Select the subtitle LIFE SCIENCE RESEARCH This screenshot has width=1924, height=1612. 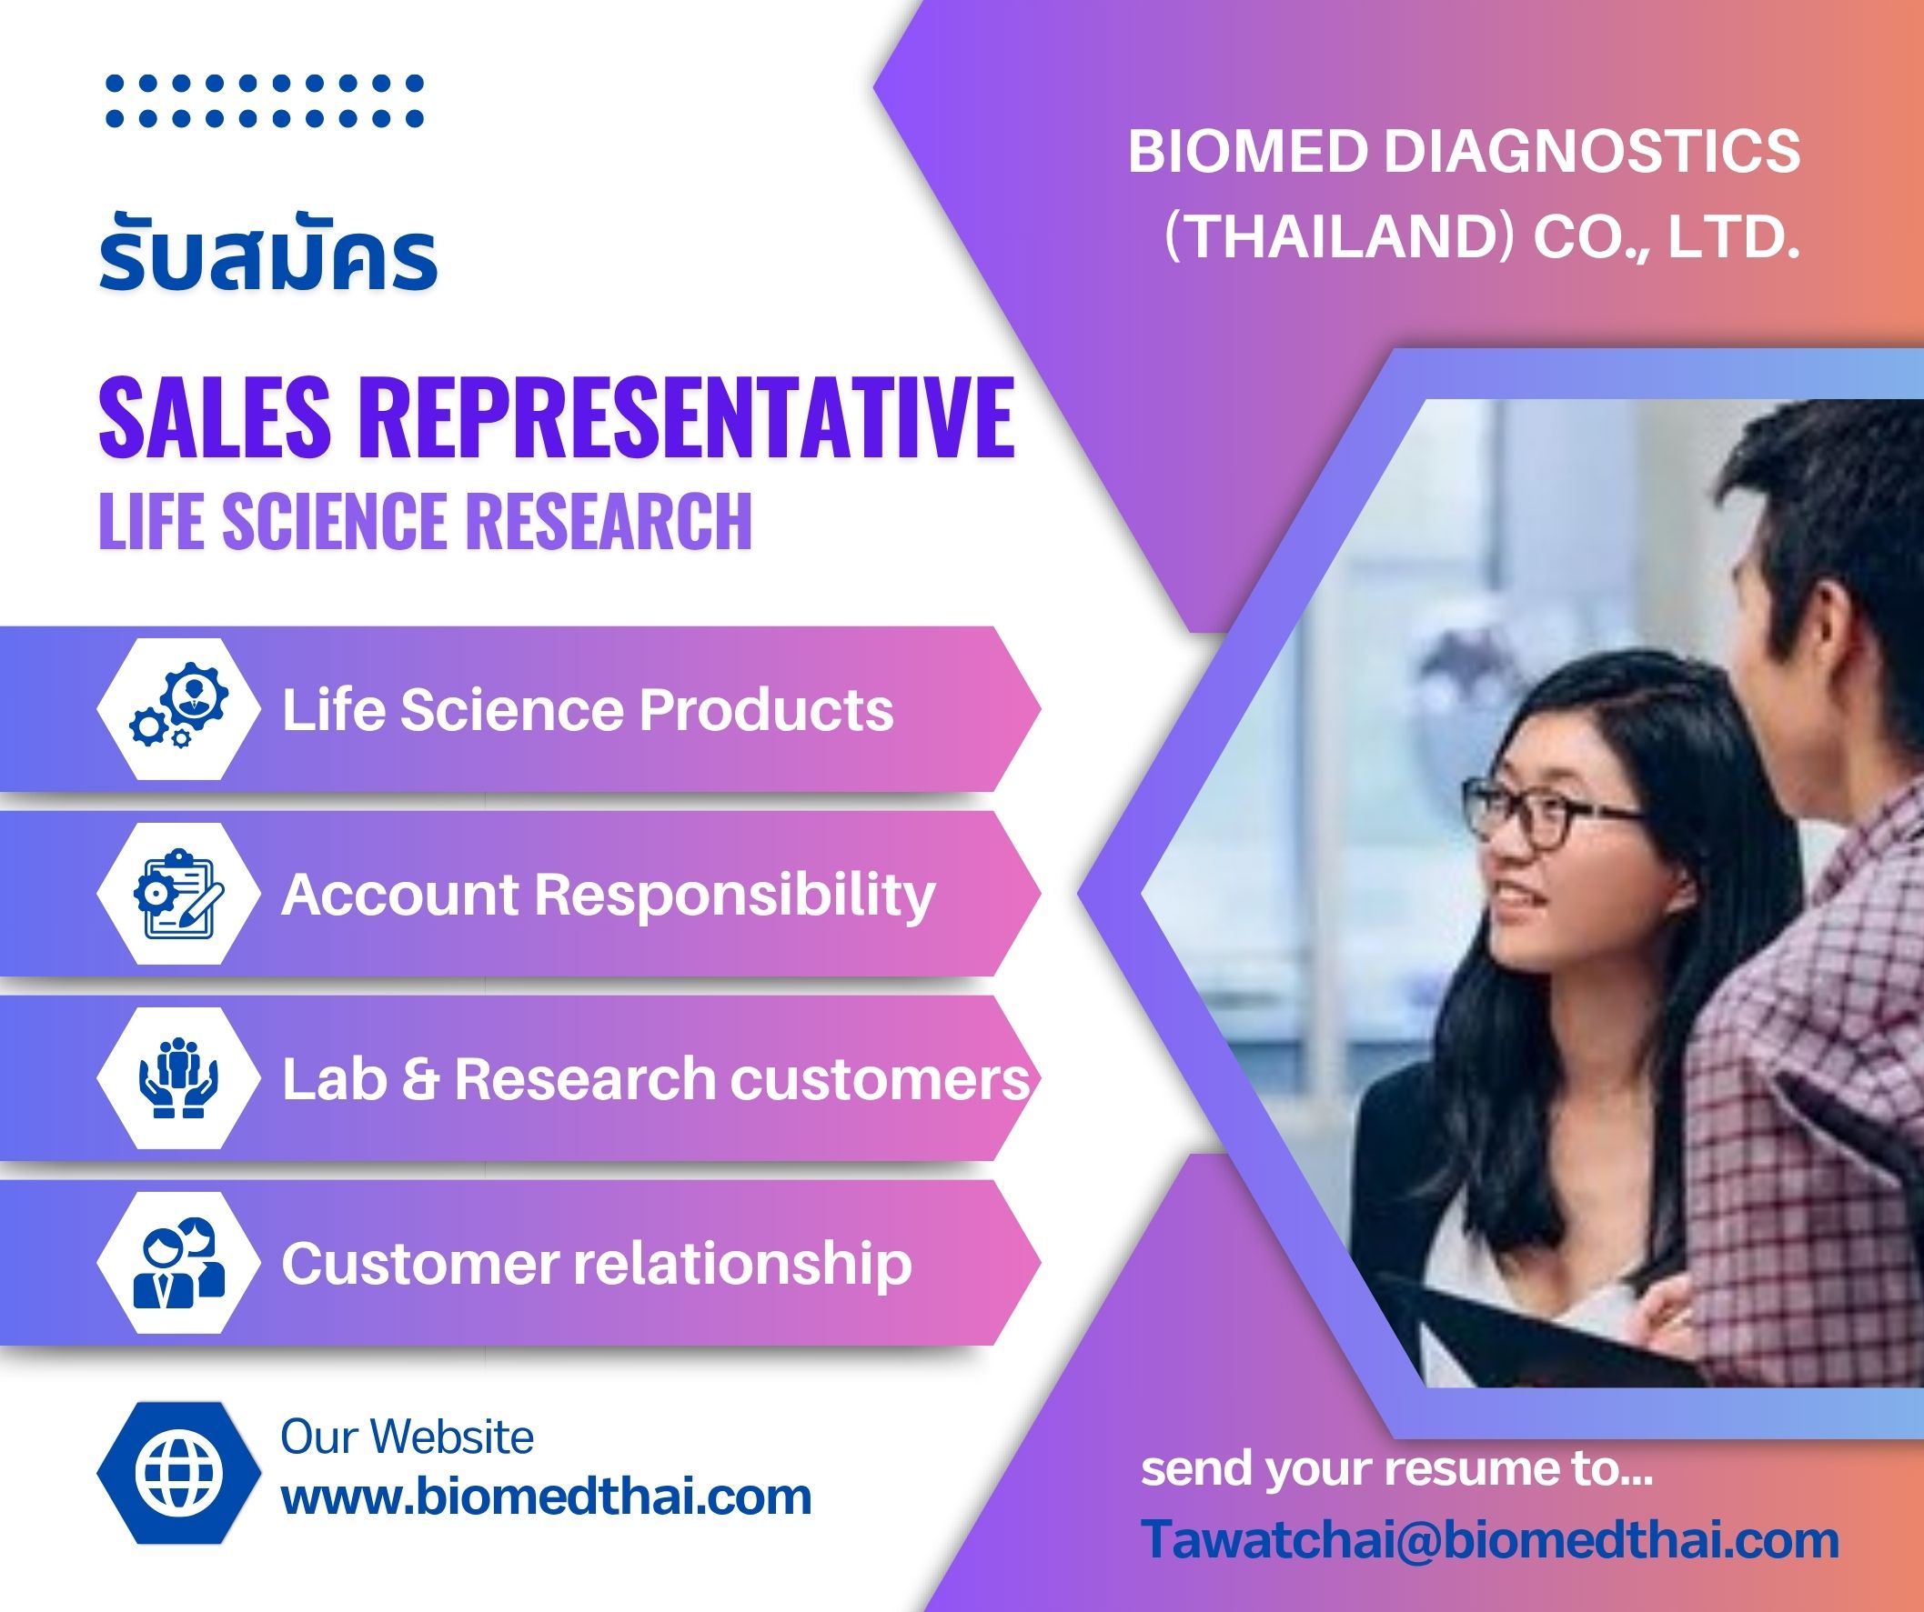pyautogui.click(x=425, y=520)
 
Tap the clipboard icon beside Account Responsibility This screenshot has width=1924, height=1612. pyautogui.click(x=179, y=894)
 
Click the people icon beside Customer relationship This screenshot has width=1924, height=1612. pyautogui.click(x=179, y=1262)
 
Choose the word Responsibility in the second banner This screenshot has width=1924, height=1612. pyautogui.click(x=735, y=896)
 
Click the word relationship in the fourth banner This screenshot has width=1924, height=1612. pyautogui.click(x=743, y=1264)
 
